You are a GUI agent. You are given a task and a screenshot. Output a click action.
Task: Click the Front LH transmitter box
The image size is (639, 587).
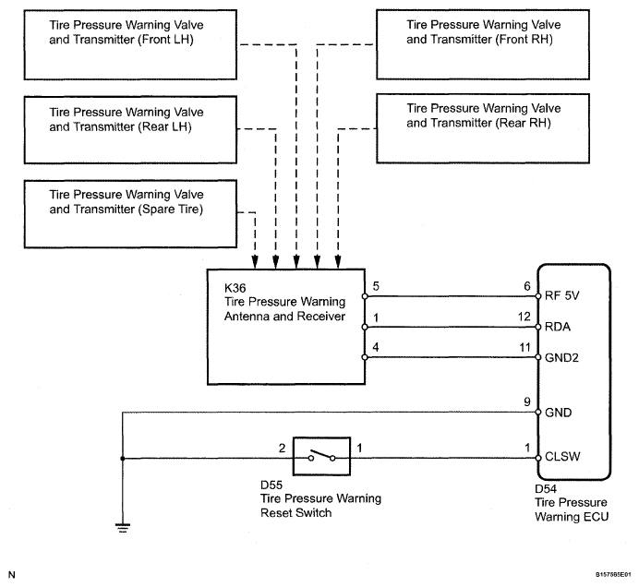(130, 45)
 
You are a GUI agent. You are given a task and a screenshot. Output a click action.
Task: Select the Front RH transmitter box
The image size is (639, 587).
(483, 44)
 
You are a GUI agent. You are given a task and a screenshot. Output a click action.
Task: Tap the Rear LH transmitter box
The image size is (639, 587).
(130, 130)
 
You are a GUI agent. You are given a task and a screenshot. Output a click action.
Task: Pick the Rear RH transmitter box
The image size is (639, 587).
(483, 128)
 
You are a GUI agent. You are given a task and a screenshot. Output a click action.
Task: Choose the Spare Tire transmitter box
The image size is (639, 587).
(130, 214)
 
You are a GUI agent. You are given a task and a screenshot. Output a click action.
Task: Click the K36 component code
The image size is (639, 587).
(235, 288)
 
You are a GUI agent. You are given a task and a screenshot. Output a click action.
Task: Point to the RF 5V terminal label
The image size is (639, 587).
(561, 295)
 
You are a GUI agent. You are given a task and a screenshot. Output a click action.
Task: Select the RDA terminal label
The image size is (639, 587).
(558, 327)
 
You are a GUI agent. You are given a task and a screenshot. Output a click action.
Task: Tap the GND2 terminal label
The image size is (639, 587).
(561, 358)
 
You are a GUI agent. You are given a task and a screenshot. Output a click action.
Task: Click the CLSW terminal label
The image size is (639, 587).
(562, 457)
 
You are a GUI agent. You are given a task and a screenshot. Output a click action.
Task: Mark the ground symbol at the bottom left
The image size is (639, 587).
(123, 528)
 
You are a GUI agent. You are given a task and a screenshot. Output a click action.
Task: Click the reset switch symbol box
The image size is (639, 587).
(321, 456)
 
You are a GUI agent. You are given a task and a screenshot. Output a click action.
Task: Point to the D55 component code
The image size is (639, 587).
(271, 485)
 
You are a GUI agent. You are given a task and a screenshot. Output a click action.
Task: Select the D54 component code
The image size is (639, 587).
(546, 489)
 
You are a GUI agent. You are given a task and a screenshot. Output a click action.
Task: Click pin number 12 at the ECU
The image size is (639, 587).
(524, 317)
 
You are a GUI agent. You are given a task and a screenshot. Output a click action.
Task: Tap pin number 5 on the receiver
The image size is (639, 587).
(376, 286)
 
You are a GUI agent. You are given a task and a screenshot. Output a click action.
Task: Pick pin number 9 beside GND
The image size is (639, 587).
(527, 402)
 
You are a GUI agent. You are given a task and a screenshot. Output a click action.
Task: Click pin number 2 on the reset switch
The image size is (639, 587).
(282, 448)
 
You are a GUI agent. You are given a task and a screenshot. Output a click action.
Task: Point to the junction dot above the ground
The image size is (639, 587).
(123, 459)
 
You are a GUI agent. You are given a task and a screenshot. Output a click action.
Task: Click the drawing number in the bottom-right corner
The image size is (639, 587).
(613, 575)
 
